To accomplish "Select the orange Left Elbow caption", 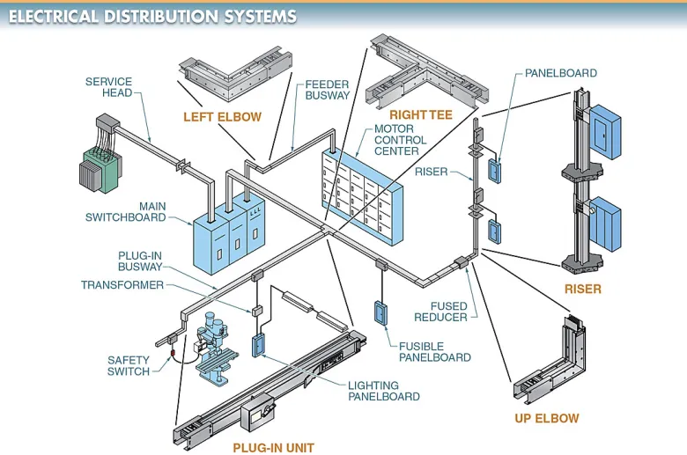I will (222, 116).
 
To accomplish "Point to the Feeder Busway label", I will (328, 90).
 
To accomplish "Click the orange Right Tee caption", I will (420, 115).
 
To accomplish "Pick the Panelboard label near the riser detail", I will (561, 74).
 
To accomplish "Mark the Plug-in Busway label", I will (139, 261).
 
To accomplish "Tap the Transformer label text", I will (122, 285).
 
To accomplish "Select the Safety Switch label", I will (129, 365).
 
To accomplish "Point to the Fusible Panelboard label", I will (434, 352).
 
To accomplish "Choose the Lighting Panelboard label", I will (384, 391).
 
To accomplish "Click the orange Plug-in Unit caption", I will (273, 447).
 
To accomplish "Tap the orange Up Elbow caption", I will (547, 418).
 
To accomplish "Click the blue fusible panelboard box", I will (380, 315).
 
